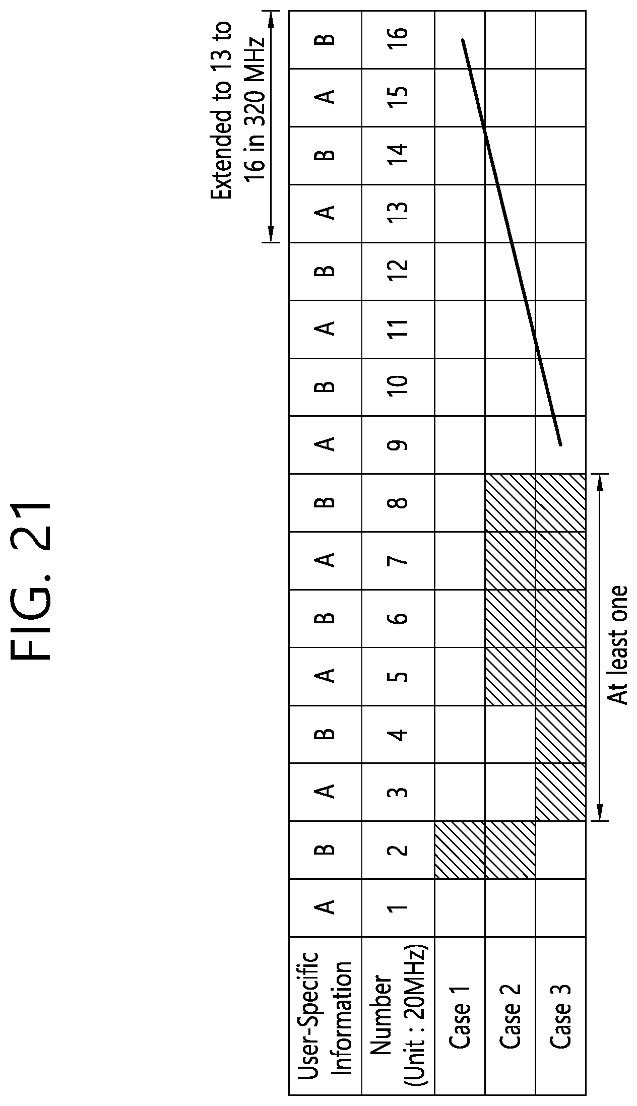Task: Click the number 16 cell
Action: [x=398, y=40]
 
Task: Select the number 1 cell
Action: [x=398, y=908]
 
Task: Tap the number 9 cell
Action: [x=398, y=445]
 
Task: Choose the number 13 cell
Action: [x=398, y=214]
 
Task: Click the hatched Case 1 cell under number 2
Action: [x=459, y=851]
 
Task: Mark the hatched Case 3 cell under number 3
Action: [x=560, y=793]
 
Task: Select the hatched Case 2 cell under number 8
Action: [x=509, y=503]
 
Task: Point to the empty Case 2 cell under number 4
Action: [x=509, y=735]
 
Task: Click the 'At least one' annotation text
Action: [x=617, y=647]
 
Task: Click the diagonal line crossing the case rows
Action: [x=509, y=237]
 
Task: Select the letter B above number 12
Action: [x=325, y=272]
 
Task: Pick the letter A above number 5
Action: [x=325, y=677]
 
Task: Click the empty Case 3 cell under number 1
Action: [x=560, y=908]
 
